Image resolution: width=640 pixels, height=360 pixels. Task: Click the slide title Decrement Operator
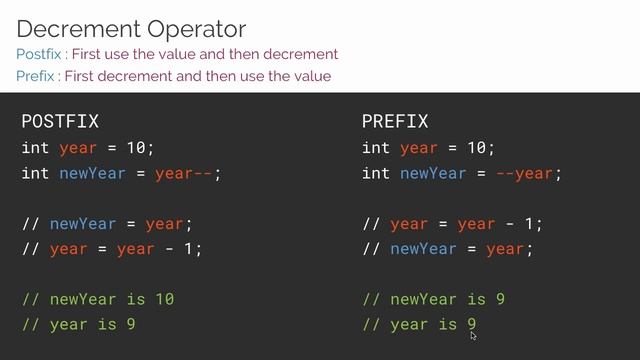[x=131, y=28]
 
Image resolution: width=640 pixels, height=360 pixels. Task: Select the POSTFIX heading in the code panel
[x=60, y=122]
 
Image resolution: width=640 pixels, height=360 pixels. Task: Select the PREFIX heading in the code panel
[x=395, y=122]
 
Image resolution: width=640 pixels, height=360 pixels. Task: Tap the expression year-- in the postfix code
[x=187, y=173]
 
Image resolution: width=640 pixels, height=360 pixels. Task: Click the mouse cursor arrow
[x=473, y=335]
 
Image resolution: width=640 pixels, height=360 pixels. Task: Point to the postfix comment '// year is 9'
[x=78, y=324]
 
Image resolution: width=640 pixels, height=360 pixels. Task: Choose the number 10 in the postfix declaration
[x=136, y=148]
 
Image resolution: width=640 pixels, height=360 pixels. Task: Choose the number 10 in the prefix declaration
[x=476, y=148]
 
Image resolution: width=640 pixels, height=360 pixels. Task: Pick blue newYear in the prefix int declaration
[x=433, y=173]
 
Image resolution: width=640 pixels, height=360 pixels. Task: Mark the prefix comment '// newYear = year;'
[x=448, y=249]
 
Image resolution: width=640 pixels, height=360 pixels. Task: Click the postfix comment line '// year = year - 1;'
[x=112, y=249]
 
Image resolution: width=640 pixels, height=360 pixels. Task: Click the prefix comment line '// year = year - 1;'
[x=453, y=224]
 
